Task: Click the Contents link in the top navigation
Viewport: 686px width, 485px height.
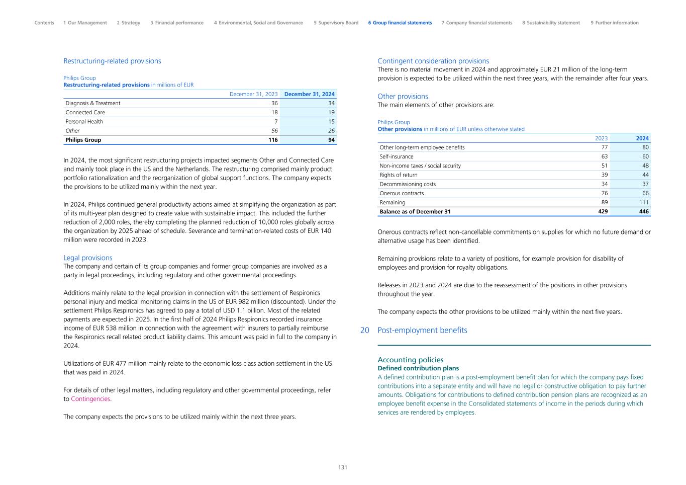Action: click(44, 23)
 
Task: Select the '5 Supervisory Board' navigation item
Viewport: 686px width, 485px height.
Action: click(336, 23)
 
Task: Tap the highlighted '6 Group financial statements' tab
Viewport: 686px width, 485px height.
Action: click(400, 23)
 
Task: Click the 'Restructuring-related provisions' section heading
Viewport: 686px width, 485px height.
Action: click(112, 61)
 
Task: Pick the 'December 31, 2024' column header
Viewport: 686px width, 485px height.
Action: click(309, 94)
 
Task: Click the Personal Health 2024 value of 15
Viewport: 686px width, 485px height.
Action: click(331, 121)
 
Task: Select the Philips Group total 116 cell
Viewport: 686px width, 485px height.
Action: click(273, 140)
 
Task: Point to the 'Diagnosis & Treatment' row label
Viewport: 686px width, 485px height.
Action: click(93, 103)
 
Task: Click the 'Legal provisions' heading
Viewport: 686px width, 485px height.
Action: click(88, 258)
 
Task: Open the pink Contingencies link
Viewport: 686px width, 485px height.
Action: click(90, 399)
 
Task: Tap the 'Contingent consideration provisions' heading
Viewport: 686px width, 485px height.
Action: click(433, 61)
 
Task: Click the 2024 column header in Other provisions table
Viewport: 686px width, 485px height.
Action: click(642, 138)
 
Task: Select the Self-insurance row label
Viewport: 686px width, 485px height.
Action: click(397, 156)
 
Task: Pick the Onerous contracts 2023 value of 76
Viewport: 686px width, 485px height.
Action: click(604, 193)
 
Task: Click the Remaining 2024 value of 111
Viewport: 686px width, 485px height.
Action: click(643, 202)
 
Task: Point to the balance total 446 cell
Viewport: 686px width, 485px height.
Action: click(643, 212)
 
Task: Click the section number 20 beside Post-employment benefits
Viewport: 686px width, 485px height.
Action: click(365, 331)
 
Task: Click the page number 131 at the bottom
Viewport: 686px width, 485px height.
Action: click(343, 467)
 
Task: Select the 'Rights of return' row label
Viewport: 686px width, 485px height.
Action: click(399, 175)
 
